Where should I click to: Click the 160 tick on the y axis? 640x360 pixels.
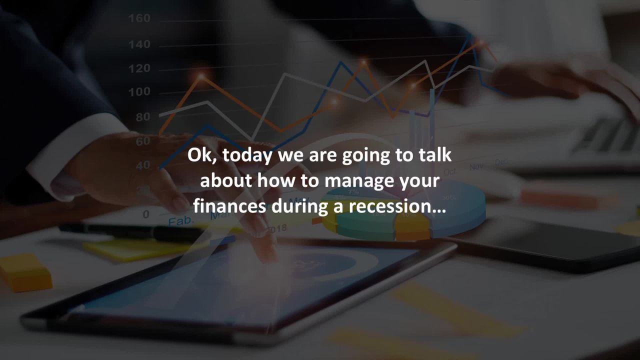pyautogui.click(x=139, y=18)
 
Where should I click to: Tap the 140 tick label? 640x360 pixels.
pyautogui.click(x=139, y=44)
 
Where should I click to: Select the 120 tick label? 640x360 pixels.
pyautogui.click(x=139, y=68)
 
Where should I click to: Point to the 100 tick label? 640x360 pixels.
pyautogui.click(x=139, y=92)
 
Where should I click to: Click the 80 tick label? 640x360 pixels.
pyautogui.click(x=142, y=117)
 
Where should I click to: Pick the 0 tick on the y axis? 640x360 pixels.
pyautogui.click(x=145, y=214)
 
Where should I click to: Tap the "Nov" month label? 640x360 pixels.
pyautogui.click(x=476, y=166)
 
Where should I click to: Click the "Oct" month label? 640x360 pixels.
pyautogui.click(x=449, y=171)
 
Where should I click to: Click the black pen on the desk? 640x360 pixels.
pyautogui.click(x=125, y=231)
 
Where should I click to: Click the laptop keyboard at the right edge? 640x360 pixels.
pyautogui.click(x=607, y=137)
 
